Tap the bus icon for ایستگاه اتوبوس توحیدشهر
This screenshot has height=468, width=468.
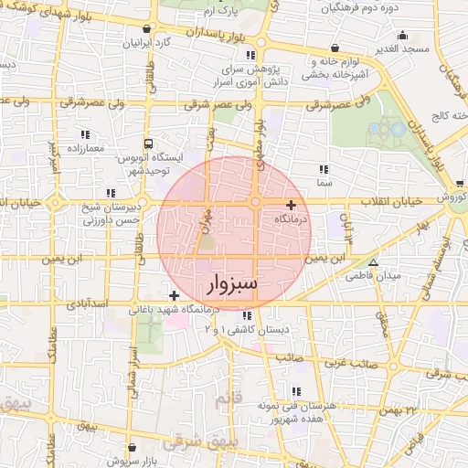(x=148, y=144)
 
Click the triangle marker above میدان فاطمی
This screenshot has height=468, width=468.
(x=372, y=262)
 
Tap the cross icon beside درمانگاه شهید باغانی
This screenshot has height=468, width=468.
(x=174, y=295)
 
